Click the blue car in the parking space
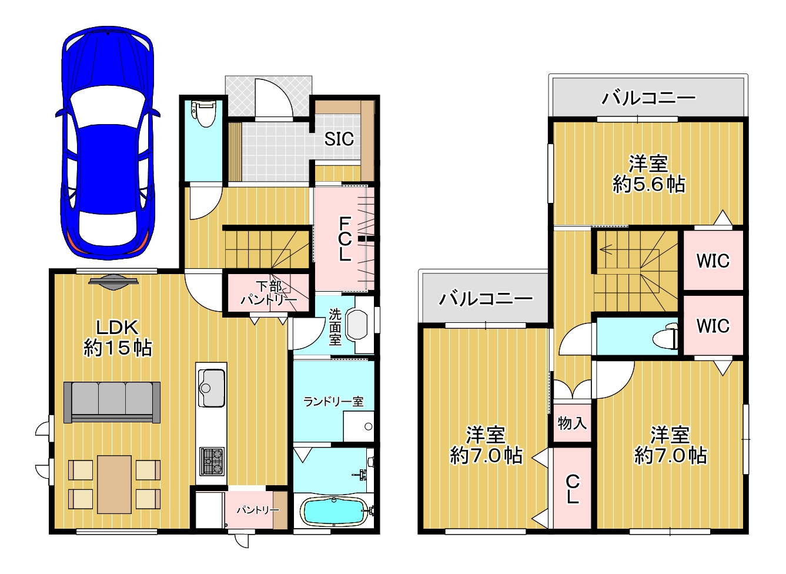coord(108,142)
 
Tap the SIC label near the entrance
coord(339,139)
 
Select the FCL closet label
coord(344,239)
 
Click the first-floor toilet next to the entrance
coord(203,113)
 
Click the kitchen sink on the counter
coord(211,388)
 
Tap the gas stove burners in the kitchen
coord(212,461)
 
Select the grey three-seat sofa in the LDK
coord(112,402)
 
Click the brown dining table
coord(115,485)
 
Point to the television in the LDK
coord(113,282)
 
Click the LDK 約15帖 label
coord(118,338)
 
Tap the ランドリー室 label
coord(333,401)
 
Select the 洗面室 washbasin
coord(357,325)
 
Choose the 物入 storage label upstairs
coord(572,423)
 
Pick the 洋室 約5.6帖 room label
coord(648,174)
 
